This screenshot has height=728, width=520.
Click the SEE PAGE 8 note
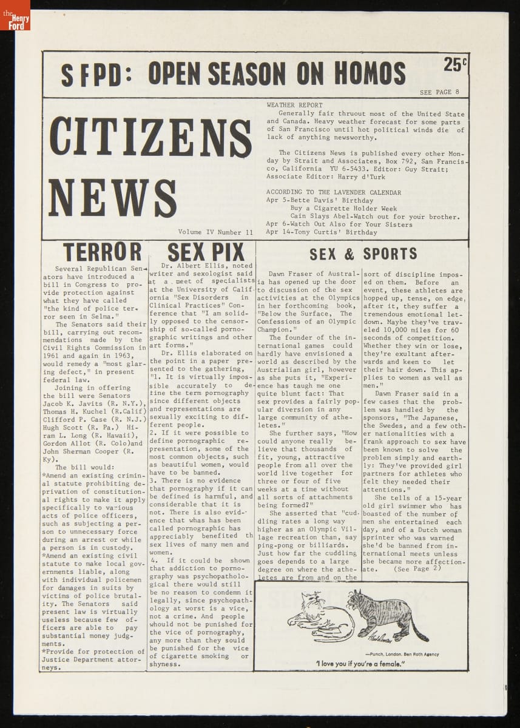[439, 92]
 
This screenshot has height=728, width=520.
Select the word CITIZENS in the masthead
[150, 137]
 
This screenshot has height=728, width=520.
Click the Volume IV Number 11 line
[215, 232]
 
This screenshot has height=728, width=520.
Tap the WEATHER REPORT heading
[294, 105]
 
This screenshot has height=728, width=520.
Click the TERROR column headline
[102, 251]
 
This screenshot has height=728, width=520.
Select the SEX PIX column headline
[205, 252]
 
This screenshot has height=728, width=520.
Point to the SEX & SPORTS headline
[363, 253]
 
